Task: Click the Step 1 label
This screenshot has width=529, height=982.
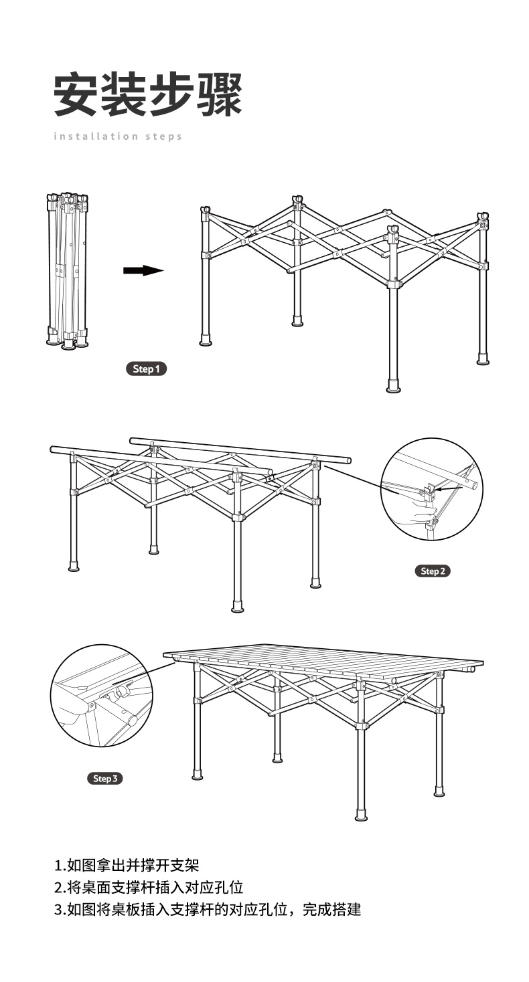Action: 146,369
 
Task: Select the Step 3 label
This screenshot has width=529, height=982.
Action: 105,778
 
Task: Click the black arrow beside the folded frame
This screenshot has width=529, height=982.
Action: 143,270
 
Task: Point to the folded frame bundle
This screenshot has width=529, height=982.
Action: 67,270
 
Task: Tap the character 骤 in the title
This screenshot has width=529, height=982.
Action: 219,94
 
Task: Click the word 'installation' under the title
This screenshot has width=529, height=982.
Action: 95,136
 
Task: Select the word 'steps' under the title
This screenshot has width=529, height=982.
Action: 163,136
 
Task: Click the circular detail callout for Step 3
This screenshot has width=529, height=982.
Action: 101,696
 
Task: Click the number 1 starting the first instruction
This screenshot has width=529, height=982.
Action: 58,866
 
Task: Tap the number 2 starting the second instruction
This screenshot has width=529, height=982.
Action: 58,888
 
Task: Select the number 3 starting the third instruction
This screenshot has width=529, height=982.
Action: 58,910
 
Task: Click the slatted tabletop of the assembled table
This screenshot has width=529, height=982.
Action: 325,661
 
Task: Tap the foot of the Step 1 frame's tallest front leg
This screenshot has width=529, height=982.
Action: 393,387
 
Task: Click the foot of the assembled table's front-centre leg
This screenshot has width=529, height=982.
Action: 361,815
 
